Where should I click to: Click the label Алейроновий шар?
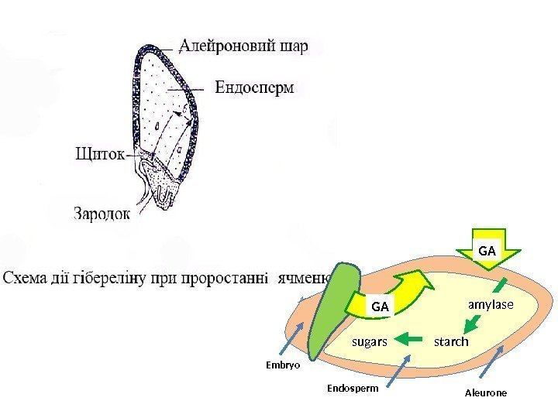(243, 46)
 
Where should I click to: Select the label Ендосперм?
(254, 87)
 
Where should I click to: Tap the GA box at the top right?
(487, 251)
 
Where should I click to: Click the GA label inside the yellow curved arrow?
(380, 307)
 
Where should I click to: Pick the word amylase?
(490, 305)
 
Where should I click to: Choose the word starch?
(451, 341)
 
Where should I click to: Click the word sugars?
(370, 341)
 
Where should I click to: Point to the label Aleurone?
(486, 392)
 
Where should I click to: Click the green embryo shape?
(330, 310)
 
